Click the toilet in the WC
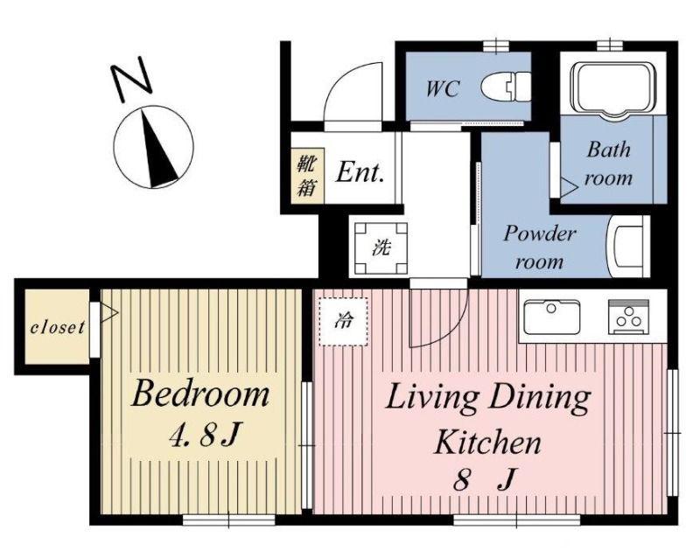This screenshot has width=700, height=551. click(507, 87)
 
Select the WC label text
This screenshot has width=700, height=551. click(442, 88)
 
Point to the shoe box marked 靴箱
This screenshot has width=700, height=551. click(308, 176)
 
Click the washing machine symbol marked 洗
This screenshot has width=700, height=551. click(381, 247)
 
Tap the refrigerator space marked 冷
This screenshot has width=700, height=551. click(343, 321)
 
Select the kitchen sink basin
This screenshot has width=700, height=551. click(552, 317)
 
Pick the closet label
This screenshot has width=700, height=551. click(57, 328)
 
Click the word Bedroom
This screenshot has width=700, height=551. click(200, 393)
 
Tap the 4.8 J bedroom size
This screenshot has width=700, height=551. click(205, 435)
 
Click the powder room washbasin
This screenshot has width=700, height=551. click(628, 247)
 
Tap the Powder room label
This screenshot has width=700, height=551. click(540, 247)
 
